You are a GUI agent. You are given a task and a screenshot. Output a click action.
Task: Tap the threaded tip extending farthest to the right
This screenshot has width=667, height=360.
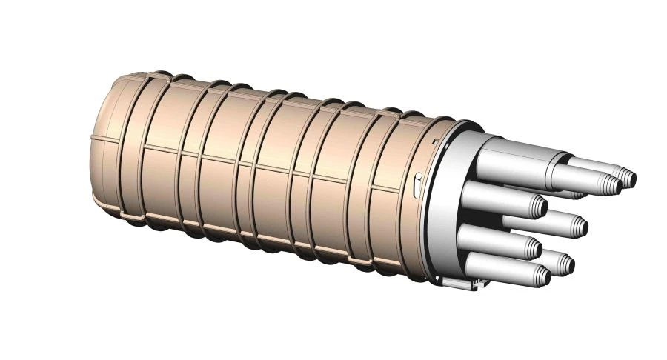[626, 178]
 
